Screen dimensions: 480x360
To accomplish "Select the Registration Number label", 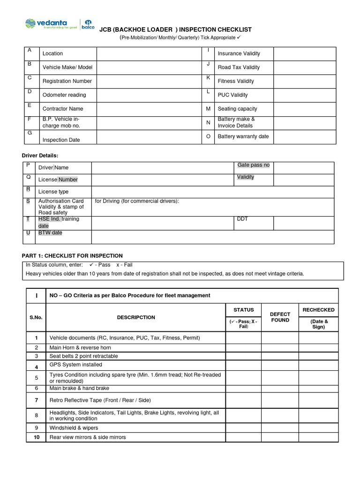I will pos(67,81).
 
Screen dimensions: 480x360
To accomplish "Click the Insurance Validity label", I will pos(239,53).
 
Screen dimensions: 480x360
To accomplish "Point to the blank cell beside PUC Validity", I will pos(305,95).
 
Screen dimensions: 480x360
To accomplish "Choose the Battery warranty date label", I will pos(243,136).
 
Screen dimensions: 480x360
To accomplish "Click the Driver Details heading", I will pos(40,155).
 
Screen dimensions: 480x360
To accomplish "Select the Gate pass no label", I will pos(253,165).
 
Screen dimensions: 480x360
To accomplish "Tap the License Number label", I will pos(58,180).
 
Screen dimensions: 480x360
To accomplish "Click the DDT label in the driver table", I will pos(242,219).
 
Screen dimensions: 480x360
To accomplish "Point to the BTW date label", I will pos(50,233).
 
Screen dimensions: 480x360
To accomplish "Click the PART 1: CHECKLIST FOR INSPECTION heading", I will pos(72,256).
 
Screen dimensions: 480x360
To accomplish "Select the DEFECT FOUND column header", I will pos(280,317).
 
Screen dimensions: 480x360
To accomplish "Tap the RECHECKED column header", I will pos(318,310).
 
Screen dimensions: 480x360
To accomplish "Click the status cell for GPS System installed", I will pos(244,365).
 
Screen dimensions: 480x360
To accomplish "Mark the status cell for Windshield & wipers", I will pos(244,428).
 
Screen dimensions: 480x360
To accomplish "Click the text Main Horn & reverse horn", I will pos(80,348).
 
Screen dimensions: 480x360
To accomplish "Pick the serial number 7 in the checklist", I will pos(36,400).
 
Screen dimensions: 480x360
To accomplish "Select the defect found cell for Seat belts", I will pos(280,356).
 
